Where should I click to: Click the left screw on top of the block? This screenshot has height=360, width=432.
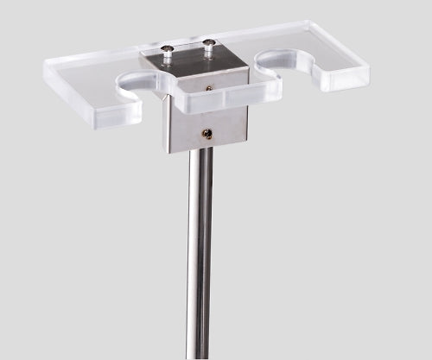coord(168,49)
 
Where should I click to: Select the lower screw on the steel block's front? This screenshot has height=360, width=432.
coord(206,133)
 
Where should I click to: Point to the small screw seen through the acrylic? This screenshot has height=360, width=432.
coord(210,87)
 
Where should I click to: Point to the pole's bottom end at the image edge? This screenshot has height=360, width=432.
coord(198,356)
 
